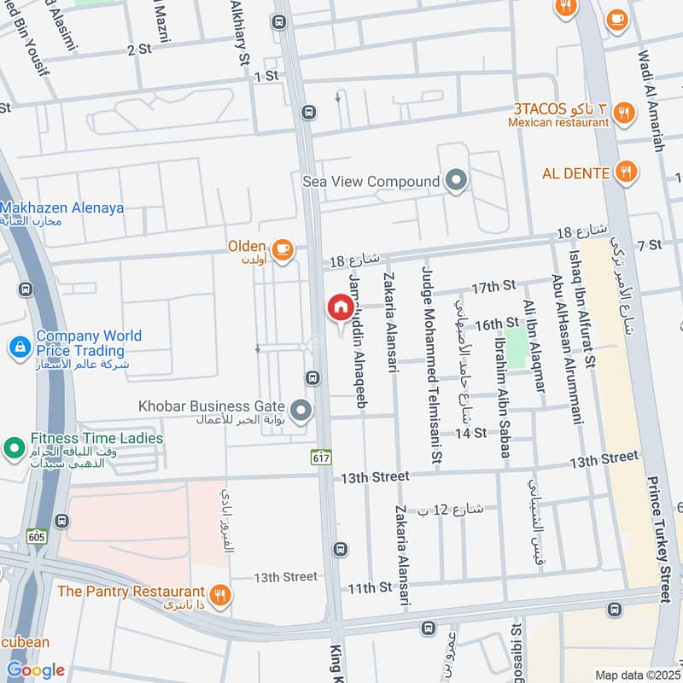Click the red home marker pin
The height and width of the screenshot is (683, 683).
pos(340,307)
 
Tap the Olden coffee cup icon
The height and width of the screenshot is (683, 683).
pos(283,248)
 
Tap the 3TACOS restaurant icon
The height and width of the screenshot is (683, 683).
pos(625,112)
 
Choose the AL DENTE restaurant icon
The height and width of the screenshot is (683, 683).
pos(627,172)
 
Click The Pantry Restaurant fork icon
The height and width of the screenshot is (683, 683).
pos(220,594)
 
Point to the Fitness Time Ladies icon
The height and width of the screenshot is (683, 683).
pos(14,447)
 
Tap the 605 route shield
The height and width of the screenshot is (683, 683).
pos(36,535)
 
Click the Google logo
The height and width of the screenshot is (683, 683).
pos(35,670)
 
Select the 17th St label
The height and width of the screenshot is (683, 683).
pos(495,286)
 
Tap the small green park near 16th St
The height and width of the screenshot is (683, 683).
pos(516,347)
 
